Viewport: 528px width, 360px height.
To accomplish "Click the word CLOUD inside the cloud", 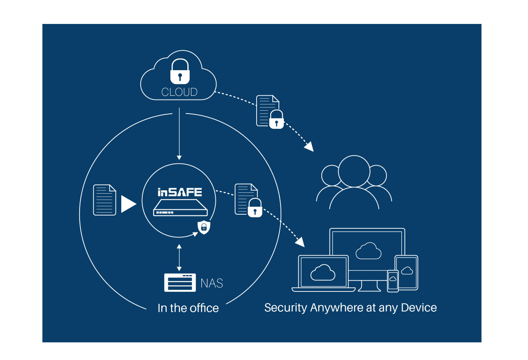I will (x=179, y=92).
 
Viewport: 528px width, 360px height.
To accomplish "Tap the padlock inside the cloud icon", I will (x=180, y=72).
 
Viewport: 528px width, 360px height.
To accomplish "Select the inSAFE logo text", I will (x=180, y=192).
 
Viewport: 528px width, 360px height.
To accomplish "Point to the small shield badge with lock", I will (x=204, y=227).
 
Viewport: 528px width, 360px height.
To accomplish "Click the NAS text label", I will (x=212, y=283).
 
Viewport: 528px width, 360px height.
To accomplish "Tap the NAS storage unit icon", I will (x=180, y=283).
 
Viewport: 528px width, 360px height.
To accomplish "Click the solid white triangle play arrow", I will (x=127, y=204).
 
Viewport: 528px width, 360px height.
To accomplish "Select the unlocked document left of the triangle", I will (x=104, y=200).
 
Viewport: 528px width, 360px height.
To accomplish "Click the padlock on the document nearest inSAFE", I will (x=255, y=208).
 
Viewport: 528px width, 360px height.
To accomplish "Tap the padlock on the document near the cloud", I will (x=276, y=120).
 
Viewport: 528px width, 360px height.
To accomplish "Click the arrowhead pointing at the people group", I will (x=309, y=147).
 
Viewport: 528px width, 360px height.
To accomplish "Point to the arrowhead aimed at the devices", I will (x=299, y=242).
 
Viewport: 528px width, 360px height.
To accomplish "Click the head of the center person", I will (x=354, y=171).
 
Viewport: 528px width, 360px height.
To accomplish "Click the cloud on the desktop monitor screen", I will (x=368, y=251).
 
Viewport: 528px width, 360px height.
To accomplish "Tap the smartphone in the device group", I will (x=393, y=281).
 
